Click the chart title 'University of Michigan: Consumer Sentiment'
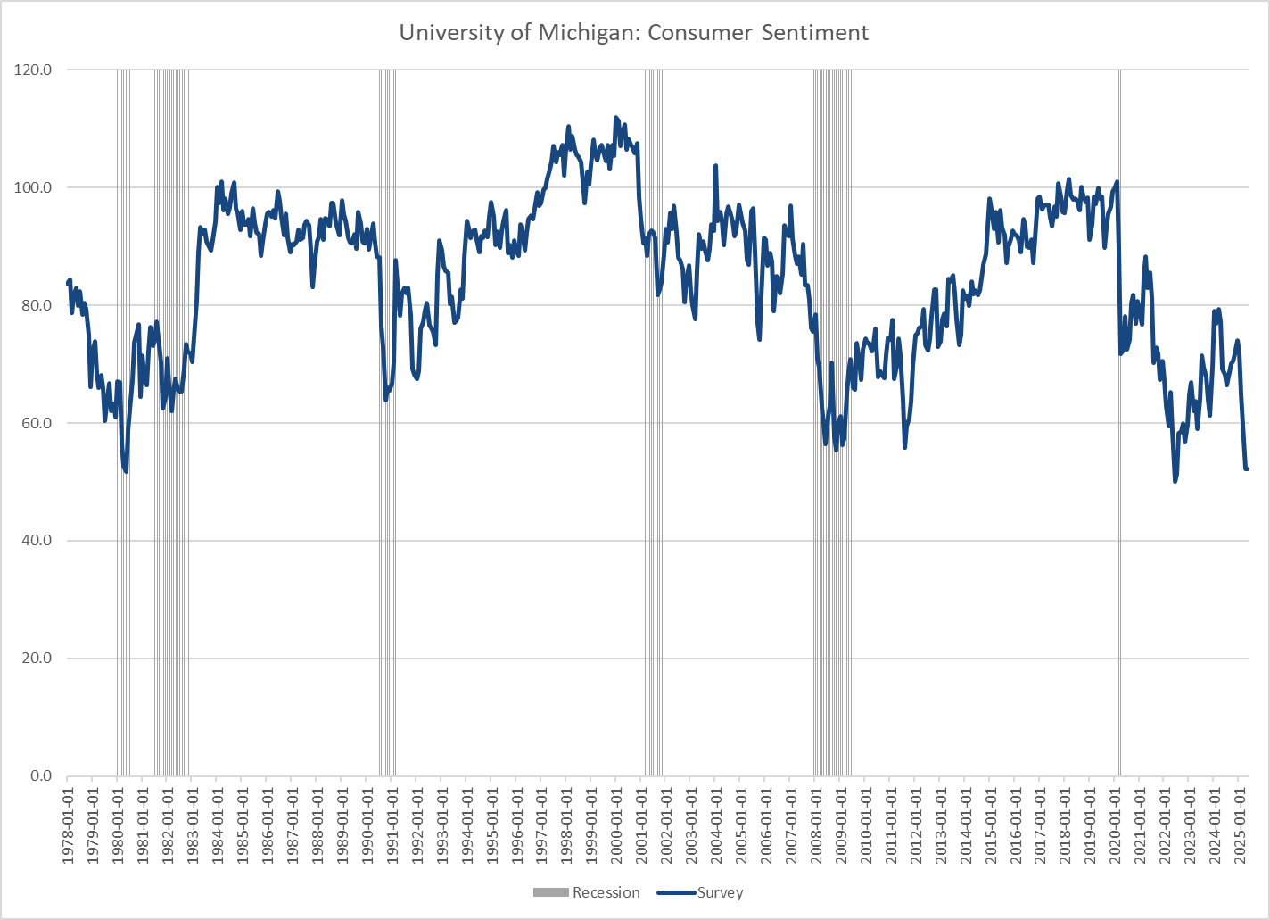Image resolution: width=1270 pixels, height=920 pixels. pyautogui.click(x=634, y=33)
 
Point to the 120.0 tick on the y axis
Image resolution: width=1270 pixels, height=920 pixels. pyautogui.click(x=34, y=70)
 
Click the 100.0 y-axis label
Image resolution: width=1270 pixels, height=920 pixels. pyautogui.click(x=34, y=187)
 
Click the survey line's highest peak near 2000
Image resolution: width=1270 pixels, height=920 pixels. pyautogui.click(x=615, y=118)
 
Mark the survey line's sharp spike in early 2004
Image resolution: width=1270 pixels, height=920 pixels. pyautogui.click(x=715, y=166)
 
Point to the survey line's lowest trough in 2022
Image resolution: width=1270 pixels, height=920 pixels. pyautogui.click(x=1175, y=481)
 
